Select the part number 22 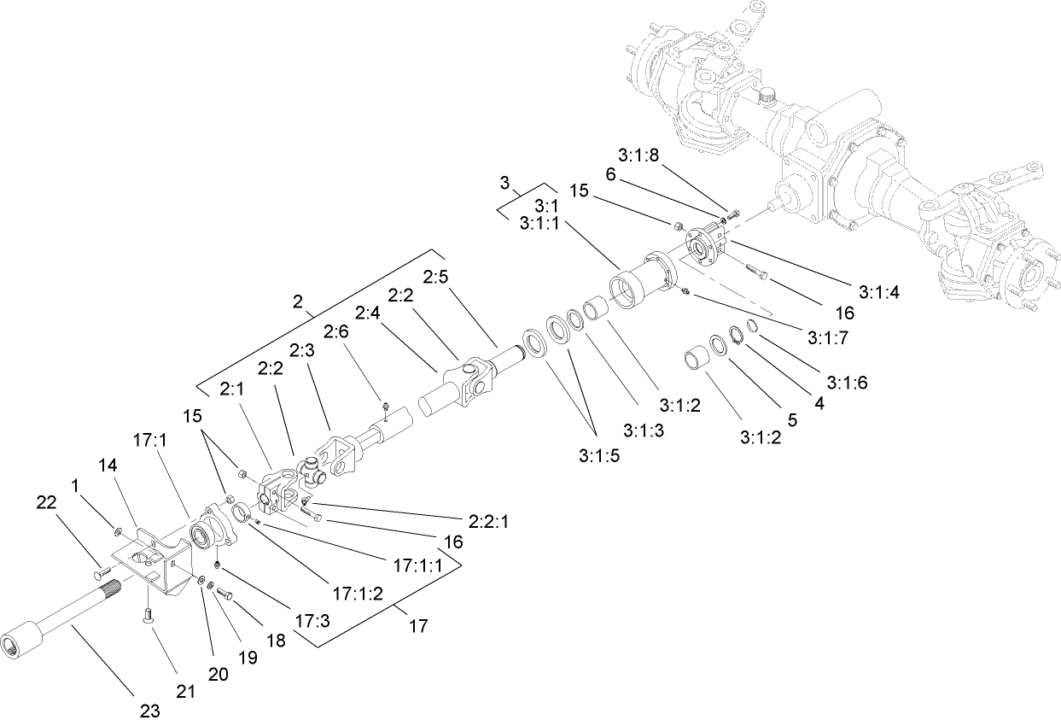(x=47, y=503)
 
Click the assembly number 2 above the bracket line (x=299, y=302)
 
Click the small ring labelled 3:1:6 (x=753, y=328)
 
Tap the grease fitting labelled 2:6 (x=386, y=405)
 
